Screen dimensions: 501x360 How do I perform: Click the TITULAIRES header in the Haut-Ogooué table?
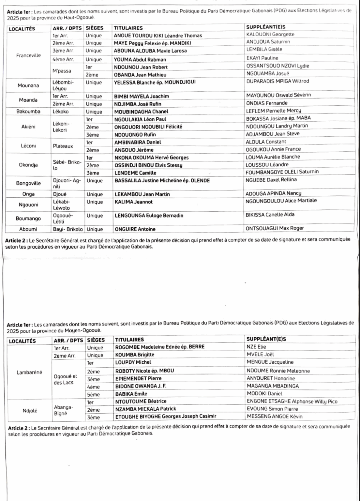128,28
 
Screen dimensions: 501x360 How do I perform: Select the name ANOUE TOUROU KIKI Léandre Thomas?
158,36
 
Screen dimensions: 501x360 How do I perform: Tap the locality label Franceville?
29,55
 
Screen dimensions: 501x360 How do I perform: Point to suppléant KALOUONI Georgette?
270,34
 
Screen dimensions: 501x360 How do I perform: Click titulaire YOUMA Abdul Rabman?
140,59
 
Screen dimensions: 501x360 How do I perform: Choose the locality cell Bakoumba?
29,112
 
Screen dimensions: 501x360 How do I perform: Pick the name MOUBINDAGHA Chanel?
141,112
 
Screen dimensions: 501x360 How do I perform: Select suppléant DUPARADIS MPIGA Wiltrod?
277,81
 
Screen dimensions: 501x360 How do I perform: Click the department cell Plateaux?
63,146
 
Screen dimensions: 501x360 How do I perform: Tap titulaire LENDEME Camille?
135,173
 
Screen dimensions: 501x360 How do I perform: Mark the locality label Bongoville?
29,183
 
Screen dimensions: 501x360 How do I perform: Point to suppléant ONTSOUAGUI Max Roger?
275,228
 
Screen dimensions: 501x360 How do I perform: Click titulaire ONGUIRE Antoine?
135,229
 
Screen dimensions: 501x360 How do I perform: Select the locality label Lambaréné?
29,372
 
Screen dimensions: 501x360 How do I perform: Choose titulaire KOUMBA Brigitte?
135,355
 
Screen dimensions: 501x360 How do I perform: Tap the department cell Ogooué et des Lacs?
65,379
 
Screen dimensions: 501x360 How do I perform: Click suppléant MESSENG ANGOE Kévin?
275,416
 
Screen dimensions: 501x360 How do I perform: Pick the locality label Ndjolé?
30,411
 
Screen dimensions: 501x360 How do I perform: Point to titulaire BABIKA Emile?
131,394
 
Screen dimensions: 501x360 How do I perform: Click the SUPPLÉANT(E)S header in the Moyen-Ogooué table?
266,339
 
